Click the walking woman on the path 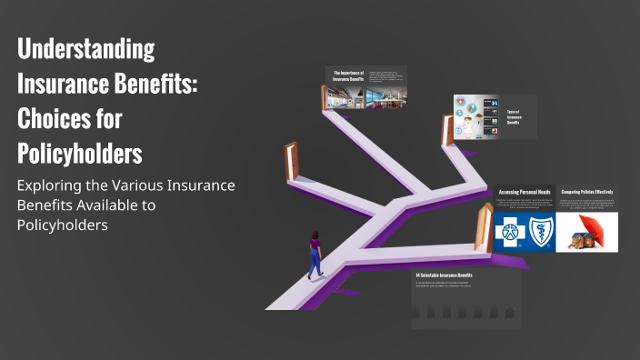pyautogui.click(x=315, y=255)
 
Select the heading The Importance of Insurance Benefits pyautogui.click(x=348, y=75)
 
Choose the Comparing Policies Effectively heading pyautogui.click(x=586, y=193)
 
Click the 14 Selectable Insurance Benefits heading pyautogui.click(x=444, y=275)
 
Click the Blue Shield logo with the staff pyautogui.click(x=538, y=233)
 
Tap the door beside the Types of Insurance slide pyautogui.click(x=447, y=130)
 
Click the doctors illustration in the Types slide pyautogui.click(x=473, y=117)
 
